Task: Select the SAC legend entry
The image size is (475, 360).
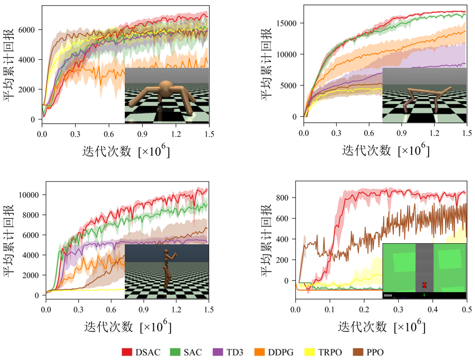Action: pos(188,352)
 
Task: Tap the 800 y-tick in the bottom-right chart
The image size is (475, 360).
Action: pos(285,198)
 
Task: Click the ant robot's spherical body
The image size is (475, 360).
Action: pos(165,87)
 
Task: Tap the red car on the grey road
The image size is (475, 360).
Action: pos(424,284)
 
